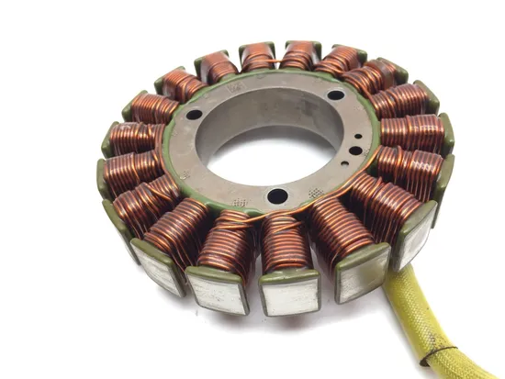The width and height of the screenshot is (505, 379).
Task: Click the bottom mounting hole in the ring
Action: pos(274,195)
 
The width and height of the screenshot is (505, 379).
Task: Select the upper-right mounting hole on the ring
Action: pos(337,95)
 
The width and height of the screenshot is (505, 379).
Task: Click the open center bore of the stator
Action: pos(275,138)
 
